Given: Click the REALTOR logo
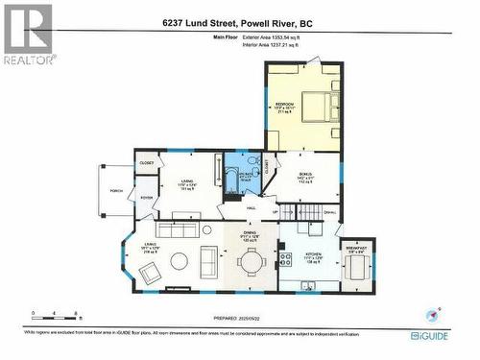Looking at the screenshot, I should click(x=28, y=33).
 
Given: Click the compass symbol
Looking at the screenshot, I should click(x=433, y=313).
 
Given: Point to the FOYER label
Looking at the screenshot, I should click(x=146, y=199).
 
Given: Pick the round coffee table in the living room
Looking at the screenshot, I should click(x=206, y=230).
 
